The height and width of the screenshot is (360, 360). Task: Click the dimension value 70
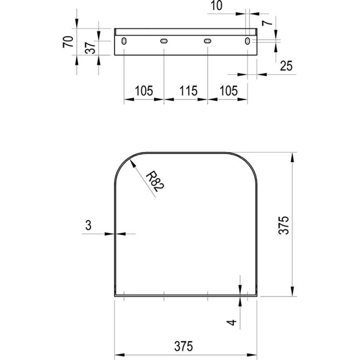click(x=68, y=41)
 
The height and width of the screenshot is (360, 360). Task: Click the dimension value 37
click(x=90, y=48)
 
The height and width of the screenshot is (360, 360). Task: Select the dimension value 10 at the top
click(x=216, y=5)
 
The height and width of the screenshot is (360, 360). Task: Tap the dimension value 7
click(x=267, y=22)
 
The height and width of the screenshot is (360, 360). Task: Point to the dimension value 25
click(x=286, y=66)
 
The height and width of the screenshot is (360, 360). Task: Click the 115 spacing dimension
click(x=188, y=91)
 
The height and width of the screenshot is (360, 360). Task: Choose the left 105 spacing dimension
click(x=144, y=91)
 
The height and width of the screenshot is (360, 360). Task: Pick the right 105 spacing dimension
click(x=229, y=91)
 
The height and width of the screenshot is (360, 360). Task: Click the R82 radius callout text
click(x=155, y=181)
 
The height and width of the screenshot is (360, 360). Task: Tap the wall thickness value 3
click(x=88, y=225)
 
